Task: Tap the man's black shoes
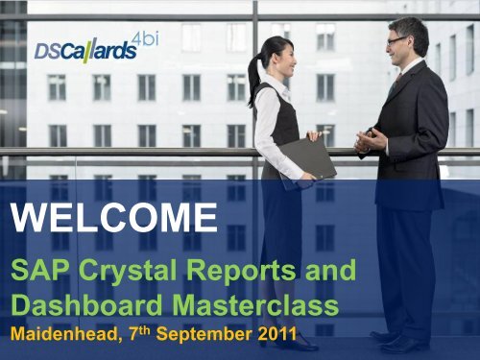tap(399, 341)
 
